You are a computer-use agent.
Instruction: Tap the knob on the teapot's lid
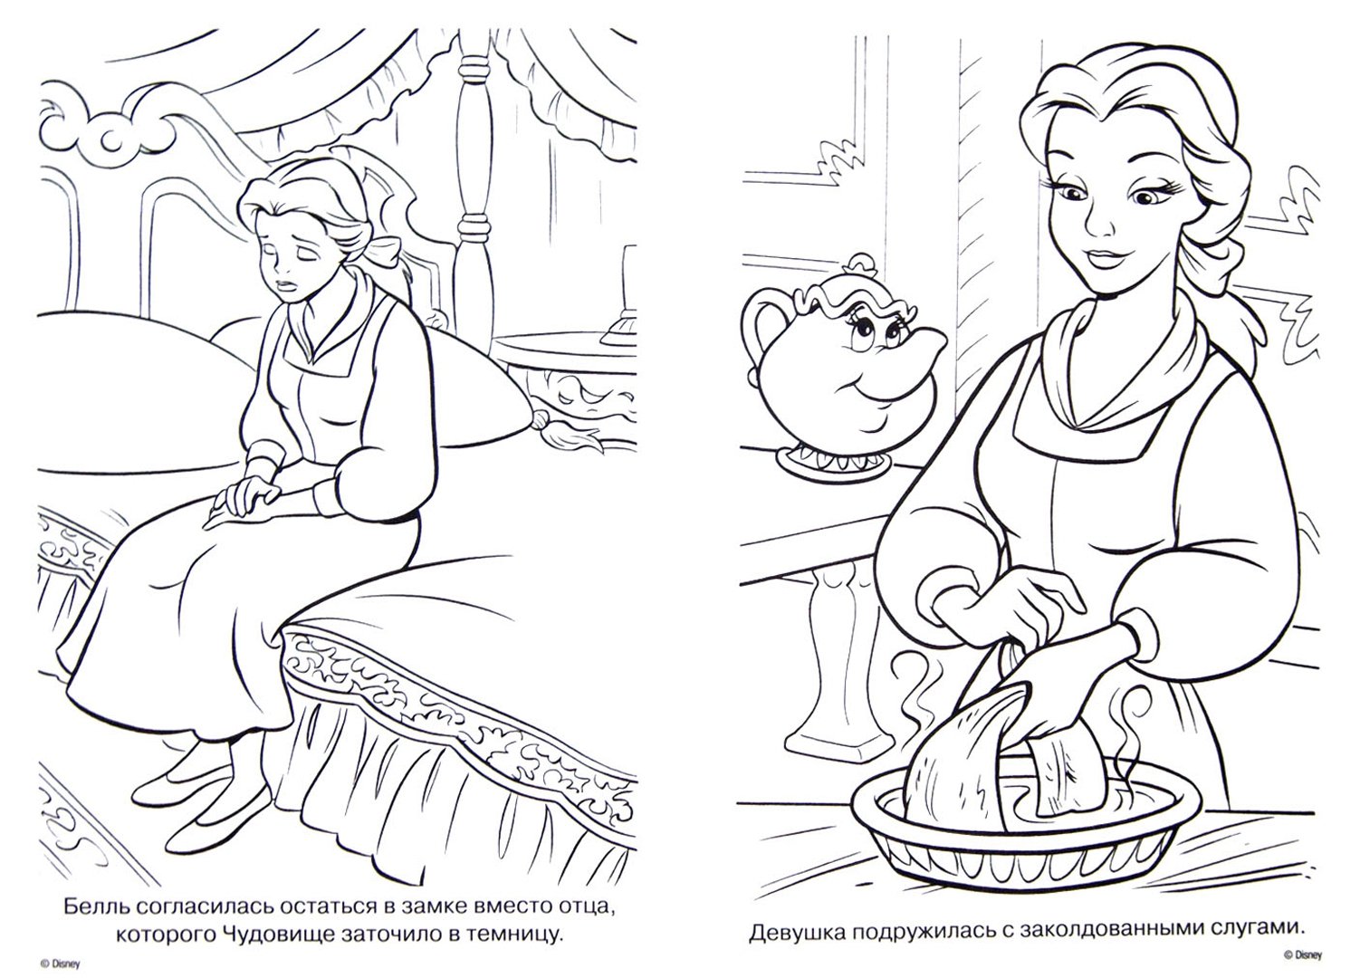click(860, 265)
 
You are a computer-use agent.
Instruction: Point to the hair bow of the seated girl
click(383, 249)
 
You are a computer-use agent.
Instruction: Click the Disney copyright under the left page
click(60, 964)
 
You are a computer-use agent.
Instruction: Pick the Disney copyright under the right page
click(1302, 955)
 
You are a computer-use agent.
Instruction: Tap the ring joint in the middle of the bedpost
click(474, 226)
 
